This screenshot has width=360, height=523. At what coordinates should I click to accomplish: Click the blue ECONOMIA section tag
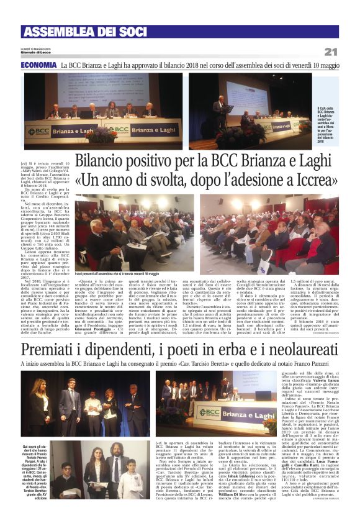38,65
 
